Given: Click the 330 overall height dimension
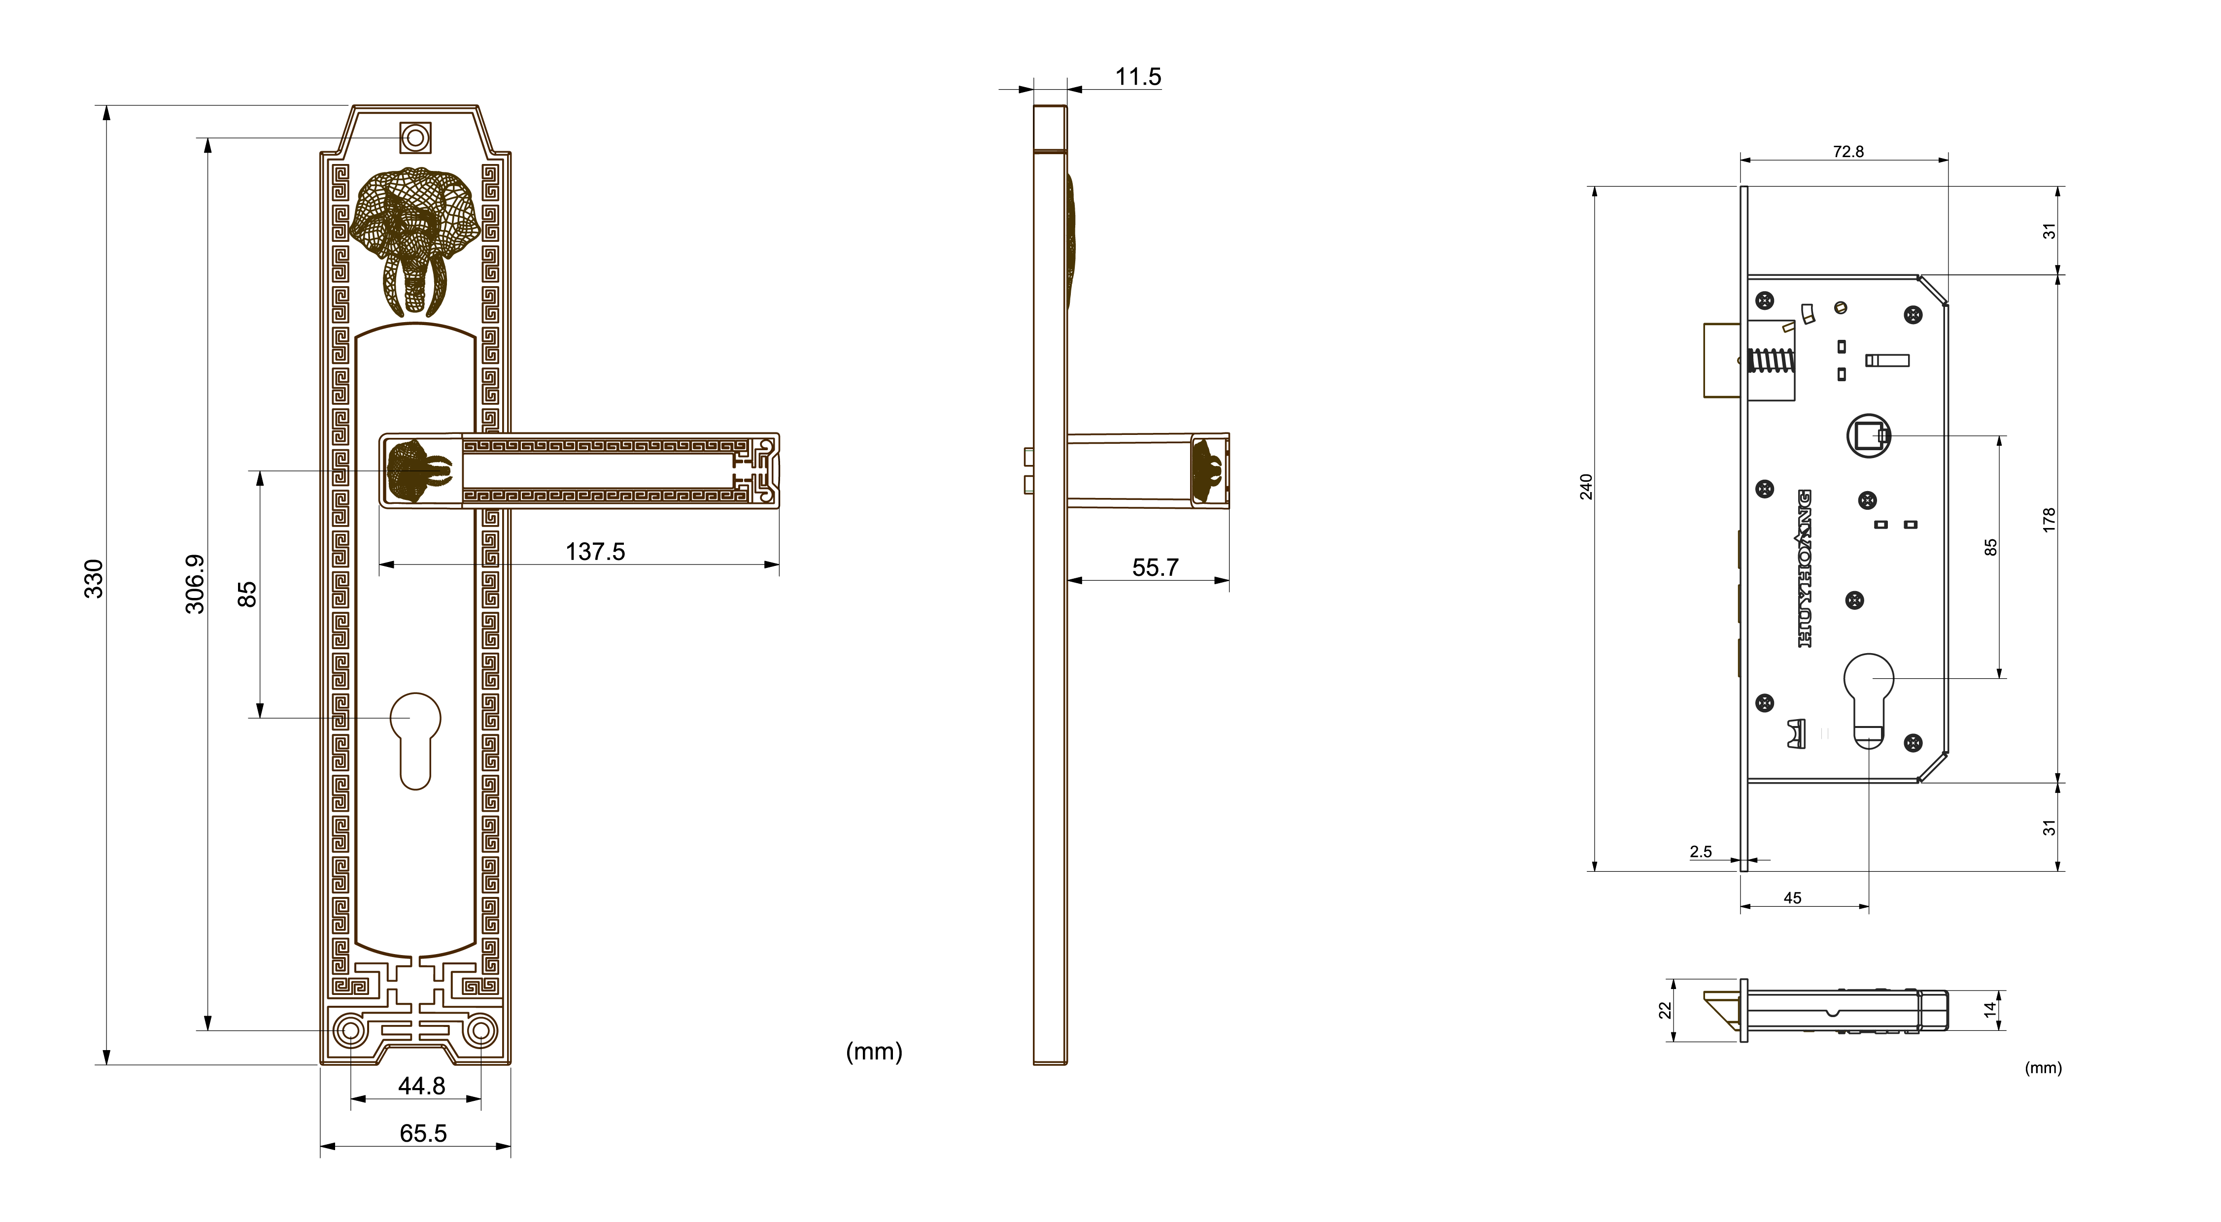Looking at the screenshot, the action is pyautogui.click(x=93, y=579).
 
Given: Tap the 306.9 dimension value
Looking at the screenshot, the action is pyautogui.click(x=196, y=584).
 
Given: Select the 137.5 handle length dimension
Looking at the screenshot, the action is pyautogui.click(x=595, y=552).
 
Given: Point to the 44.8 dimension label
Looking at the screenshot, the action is pyautogui.click(x=422, y=1086).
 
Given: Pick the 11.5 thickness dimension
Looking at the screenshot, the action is pyautogui.click(x=1138, y=77).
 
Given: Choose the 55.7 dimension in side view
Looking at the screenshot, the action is pyautogui.click(x=1155, y=567).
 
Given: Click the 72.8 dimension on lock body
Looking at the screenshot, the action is pyautogui.click(x=1847, y=152).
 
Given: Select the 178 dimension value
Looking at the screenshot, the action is pyautogui.click(x=2050, y=520).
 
